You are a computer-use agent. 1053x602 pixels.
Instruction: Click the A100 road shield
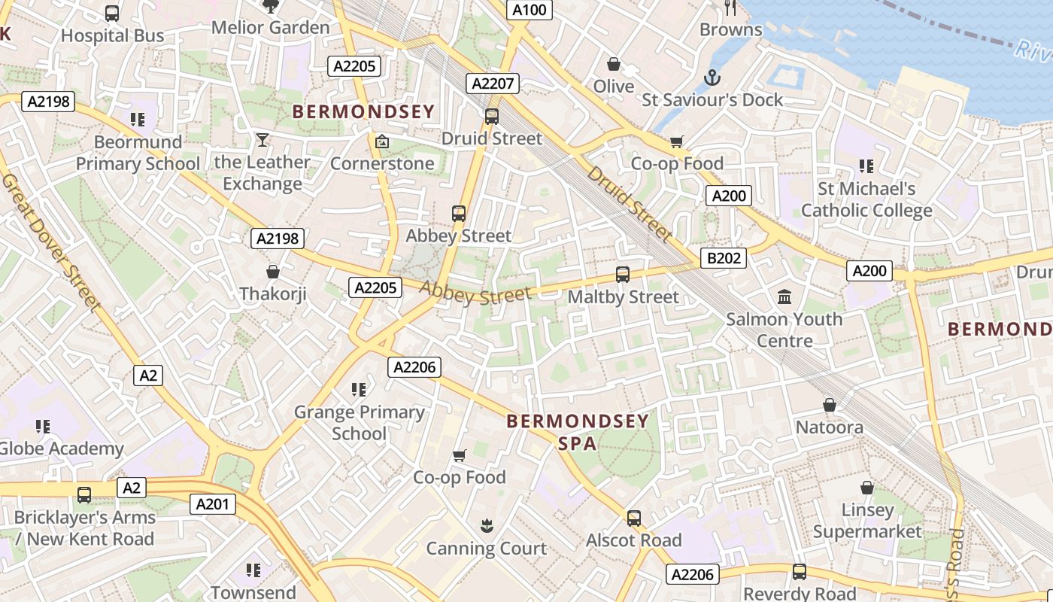pos(530,10)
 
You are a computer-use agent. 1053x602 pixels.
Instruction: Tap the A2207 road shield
pos(493,84)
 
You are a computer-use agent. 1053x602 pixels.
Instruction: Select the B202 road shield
pos(724,258)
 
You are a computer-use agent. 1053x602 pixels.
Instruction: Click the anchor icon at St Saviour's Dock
pos(712,77)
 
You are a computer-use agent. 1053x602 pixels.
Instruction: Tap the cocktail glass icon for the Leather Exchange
pos(262,139)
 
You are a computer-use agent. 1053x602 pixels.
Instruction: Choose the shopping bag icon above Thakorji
pos(273,272)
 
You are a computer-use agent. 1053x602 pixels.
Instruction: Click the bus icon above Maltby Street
pos(623,275)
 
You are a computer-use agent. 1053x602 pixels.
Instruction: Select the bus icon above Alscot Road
pos(634,518)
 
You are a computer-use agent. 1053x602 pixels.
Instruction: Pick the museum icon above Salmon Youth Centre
pos(784,296)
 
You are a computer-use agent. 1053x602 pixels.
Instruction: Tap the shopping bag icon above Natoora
pos(830,405)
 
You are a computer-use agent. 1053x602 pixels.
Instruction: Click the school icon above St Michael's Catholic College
pos(866,166)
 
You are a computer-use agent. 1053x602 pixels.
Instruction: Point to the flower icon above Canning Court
pos(487,526)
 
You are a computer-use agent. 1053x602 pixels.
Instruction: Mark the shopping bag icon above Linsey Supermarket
pos(867,488)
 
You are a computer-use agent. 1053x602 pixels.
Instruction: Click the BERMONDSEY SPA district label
pos(578,432)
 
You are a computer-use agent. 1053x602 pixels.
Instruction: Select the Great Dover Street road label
pos(51,242)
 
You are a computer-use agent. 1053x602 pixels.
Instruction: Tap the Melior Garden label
pos(271,28)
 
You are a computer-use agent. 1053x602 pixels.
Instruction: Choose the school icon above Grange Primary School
pos(359,389)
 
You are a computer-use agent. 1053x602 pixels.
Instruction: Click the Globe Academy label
pos(62,449)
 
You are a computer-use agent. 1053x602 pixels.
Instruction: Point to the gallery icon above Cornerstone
pos(382,141)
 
